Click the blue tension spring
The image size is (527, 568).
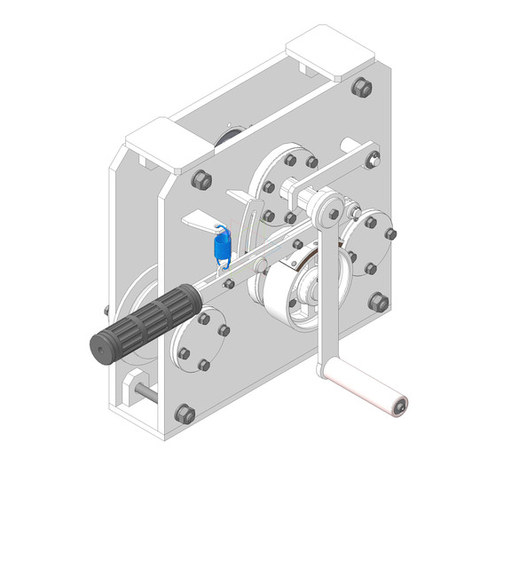(222, 245)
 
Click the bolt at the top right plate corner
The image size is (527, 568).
(362, 88)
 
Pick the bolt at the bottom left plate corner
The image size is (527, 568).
(185, 414)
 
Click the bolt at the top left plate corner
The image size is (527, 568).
(201, 178)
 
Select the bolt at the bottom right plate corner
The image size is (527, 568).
(378, 302)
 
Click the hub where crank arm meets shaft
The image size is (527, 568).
(331, 210)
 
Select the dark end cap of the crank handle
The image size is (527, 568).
(402, 406)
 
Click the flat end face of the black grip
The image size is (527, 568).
(100, 349)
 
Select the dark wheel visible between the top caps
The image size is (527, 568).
(229, 138)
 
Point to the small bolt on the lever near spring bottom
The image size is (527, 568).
(230, 283)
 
